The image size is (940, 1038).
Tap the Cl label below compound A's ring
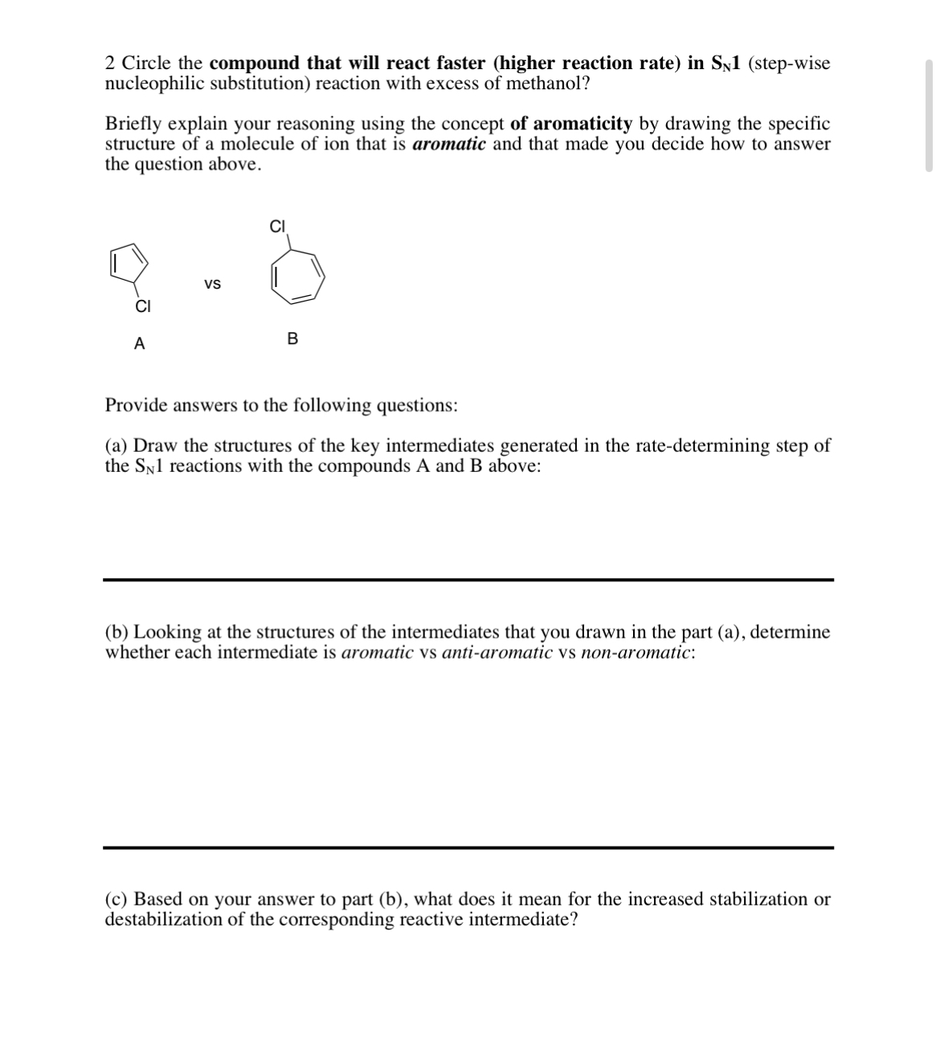point(142,306)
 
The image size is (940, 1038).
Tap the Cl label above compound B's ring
point(278,227)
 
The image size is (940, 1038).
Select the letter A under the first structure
point(139,344)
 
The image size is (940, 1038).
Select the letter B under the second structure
point(292,339)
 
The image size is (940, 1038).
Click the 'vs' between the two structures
point(212,285)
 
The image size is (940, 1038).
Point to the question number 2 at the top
point(111,64)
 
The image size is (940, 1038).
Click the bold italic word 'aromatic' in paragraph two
point(448,144)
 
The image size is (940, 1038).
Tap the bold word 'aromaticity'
point(582,124)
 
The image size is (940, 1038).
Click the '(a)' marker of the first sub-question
point(116,445)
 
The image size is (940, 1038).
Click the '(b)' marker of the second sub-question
point(117,632)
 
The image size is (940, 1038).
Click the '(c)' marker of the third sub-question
point(116,899)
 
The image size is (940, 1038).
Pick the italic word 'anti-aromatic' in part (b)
point(497,652)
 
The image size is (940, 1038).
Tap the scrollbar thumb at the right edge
point(929,115)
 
